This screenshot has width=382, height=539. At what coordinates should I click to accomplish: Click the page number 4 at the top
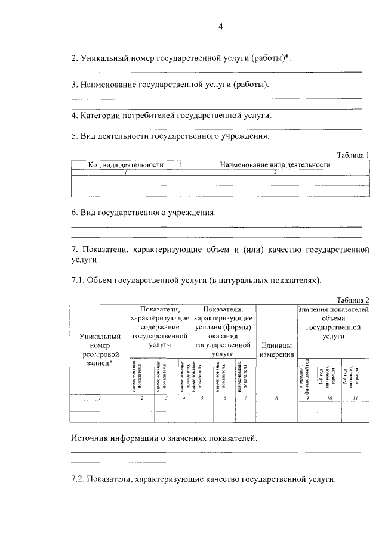220,27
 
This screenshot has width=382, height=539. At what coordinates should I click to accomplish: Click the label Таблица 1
353,155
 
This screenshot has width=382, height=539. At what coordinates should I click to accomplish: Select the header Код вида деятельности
125,165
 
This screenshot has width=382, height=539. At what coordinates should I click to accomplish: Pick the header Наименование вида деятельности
275,165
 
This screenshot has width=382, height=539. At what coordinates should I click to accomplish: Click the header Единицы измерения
276,350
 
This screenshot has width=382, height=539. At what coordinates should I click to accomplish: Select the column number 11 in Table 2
355,398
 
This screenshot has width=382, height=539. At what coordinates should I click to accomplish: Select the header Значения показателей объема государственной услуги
332,323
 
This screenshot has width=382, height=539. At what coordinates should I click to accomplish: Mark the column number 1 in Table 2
100,398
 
